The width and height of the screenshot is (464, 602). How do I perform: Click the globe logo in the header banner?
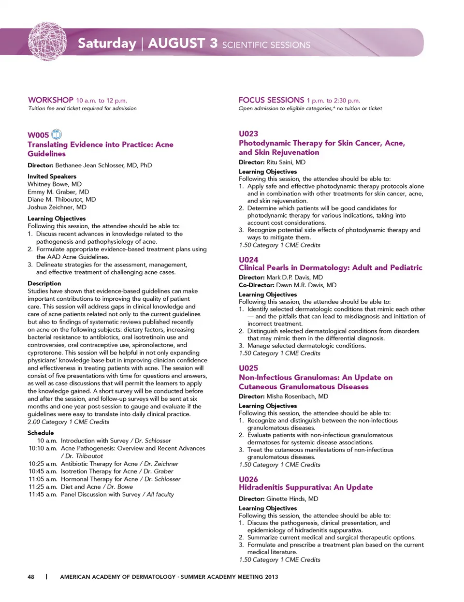pos(47,41)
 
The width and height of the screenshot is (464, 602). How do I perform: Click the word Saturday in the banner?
pos(107,44)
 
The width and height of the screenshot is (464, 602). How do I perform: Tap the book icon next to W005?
pos(57,134)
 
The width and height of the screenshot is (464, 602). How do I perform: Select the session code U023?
pos(248,133)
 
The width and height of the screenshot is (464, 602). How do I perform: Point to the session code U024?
pos(248,260)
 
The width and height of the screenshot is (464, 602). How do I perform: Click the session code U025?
pos(248,368)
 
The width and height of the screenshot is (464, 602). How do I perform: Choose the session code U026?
pos(248,479)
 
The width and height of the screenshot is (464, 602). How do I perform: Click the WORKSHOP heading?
pos(51,100)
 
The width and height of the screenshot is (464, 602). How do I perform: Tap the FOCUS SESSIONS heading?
pos(271,100)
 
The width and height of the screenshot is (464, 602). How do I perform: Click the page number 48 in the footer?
pos(31,577)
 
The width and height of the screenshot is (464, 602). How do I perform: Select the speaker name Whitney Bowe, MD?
pos(55,184)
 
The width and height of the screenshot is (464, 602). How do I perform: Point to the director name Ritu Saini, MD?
pos(286,162)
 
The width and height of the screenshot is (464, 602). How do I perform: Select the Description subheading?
pos(44,283)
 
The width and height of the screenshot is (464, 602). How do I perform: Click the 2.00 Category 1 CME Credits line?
pos(68,422)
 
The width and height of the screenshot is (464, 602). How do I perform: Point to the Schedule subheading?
pos(41,433)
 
